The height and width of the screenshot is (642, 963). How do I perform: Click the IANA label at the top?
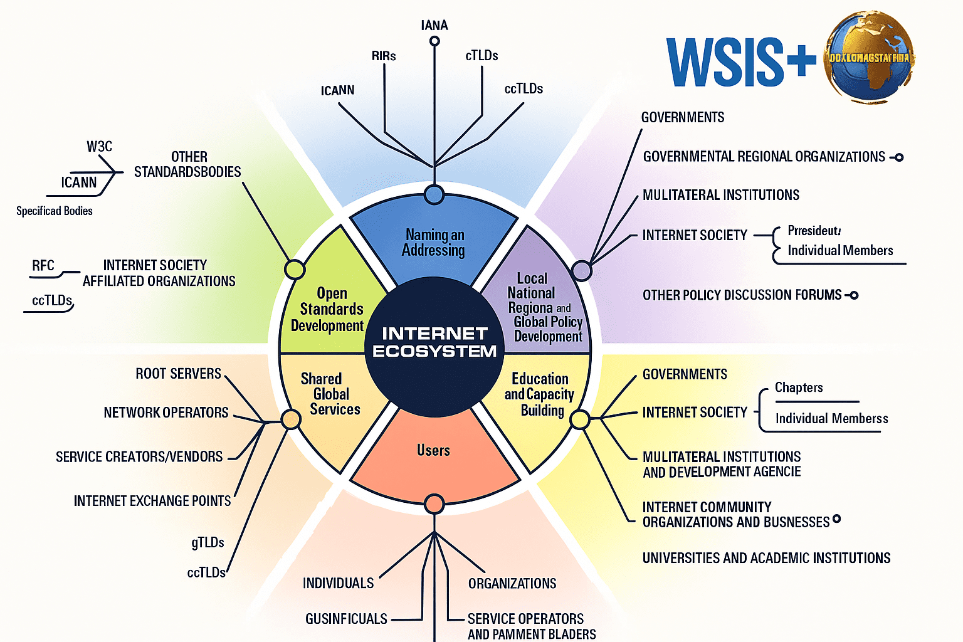coord(434,25)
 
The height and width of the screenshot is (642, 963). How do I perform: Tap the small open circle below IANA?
coord(434,41)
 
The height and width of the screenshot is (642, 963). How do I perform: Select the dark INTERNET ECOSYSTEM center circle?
coord(434,342)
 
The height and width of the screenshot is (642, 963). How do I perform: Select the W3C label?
coord(99,147)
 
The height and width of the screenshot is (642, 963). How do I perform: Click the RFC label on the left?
coord(43,266)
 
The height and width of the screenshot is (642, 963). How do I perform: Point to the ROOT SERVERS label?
coord(178,374)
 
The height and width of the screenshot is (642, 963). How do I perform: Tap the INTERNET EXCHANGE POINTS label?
coord(152,501)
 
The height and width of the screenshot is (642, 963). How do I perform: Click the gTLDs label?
coord(208,542)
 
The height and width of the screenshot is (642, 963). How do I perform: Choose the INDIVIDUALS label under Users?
coord(338,584)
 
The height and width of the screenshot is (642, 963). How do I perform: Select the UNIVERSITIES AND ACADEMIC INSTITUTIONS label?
coord(766,558)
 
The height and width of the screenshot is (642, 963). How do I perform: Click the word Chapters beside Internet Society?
coord(799,387)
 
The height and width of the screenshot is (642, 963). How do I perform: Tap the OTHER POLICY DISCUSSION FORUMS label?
coord(742,295)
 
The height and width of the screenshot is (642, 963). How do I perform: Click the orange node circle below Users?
coord(434,503)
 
